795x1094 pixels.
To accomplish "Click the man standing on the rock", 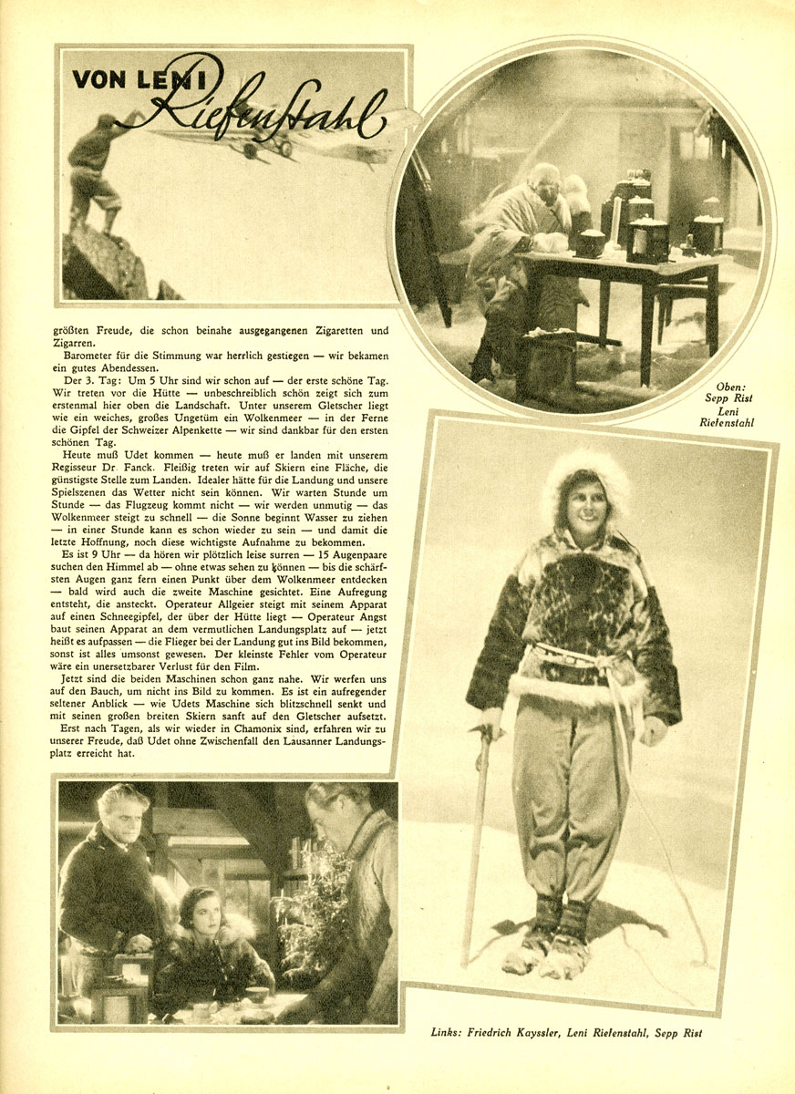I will [x=96, y=169].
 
